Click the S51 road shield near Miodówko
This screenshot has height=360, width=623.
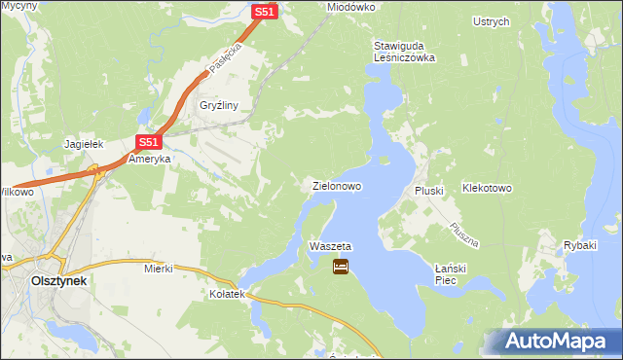265,11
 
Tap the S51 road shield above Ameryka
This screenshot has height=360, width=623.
143,141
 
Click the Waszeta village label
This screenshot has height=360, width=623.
329,247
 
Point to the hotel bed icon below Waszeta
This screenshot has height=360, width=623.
341,266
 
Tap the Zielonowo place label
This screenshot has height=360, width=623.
337,185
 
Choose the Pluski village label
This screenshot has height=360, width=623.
429,191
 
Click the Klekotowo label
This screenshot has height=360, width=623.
487,187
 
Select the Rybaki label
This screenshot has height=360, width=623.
579,245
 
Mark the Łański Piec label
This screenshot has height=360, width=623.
454,273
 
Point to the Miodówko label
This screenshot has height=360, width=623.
351,7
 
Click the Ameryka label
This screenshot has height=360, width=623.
150,159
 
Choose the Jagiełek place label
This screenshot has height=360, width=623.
84,144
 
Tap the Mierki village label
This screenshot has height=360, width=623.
158,268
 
